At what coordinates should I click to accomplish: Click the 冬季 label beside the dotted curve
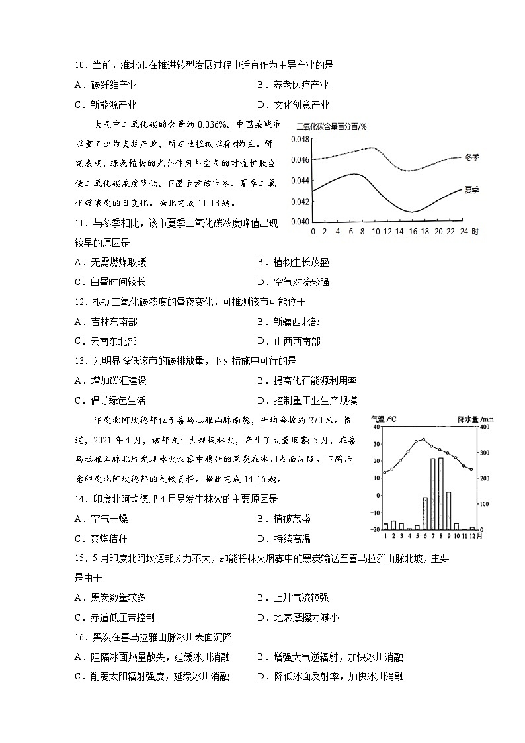471,157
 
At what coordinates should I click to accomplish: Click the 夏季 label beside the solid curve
471,189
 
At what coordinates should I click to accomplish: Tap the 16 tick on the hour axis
413,232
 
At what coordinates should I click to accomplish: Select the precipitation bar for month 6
425,513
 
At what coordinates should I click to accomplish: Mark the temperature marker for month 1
385,473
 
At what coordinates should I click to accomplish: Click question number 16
80,637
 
